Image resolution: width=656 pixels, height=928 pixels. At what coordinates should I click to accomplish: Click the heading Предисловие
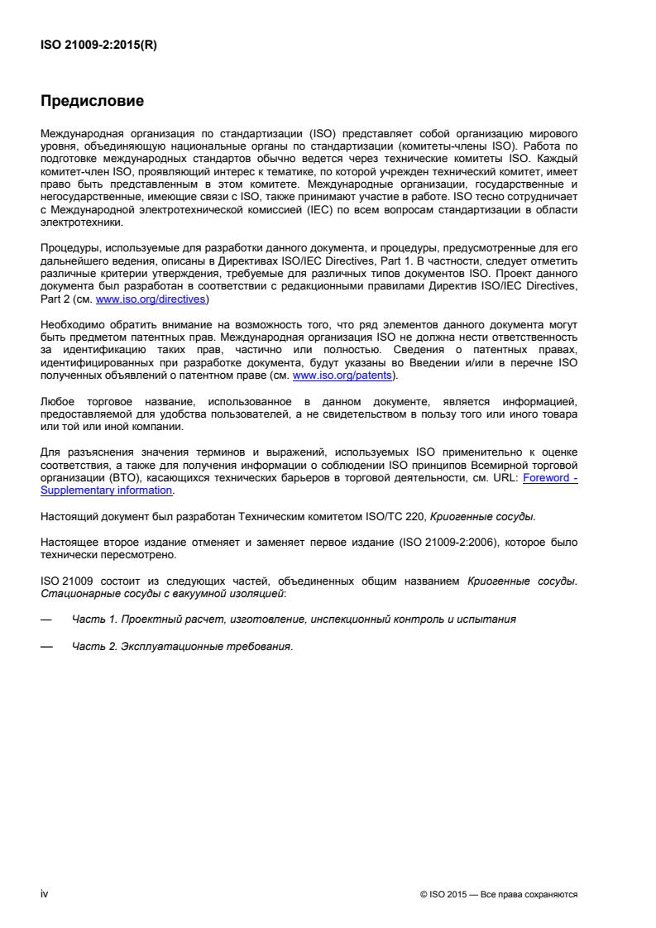(93, 102)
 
